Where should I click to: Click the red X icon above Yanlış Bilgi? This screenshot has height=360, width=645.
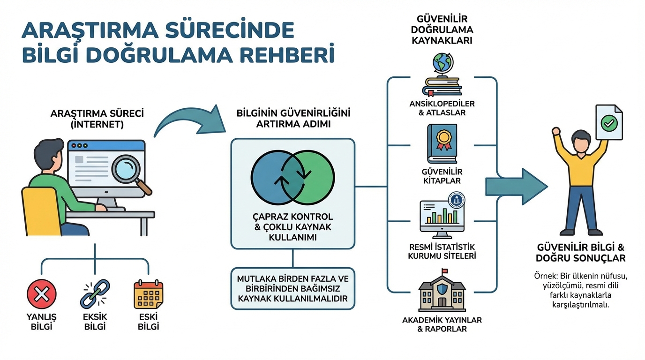[x=42, y=294]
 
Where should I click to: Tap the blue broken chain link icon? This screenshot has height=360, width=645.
[x=95, y=294]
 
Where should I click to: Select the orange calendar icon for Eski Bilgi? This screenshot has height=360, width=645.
[x=148, y=294]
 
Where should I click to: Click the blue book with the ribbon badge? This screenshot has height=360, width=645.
[x=442, y=143]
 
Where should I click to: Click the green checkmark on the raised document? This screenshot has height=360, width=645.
[x=609, y=124]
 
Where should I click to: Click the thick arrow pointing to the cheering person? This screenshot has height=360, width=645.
[x=516, y=187]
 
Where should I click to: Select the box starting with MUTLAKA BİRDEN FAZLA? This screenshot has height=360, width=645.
[x=293, y=288]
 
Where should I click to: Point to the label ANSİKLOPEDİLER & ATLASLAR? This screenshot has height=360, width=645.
[x=442, y=108]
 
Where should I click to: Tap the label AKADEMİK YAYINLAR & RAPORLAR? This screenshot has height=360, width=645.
[x=442, y=324]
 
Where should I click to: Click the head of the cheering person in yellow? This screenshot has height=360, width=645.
[x=581, y=141]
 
